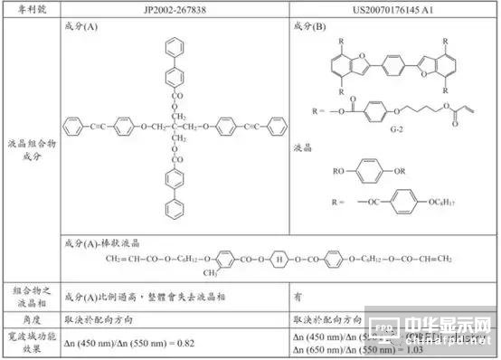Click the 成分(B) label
[309, 27]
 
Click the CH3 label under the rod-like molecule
[197, 274]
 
